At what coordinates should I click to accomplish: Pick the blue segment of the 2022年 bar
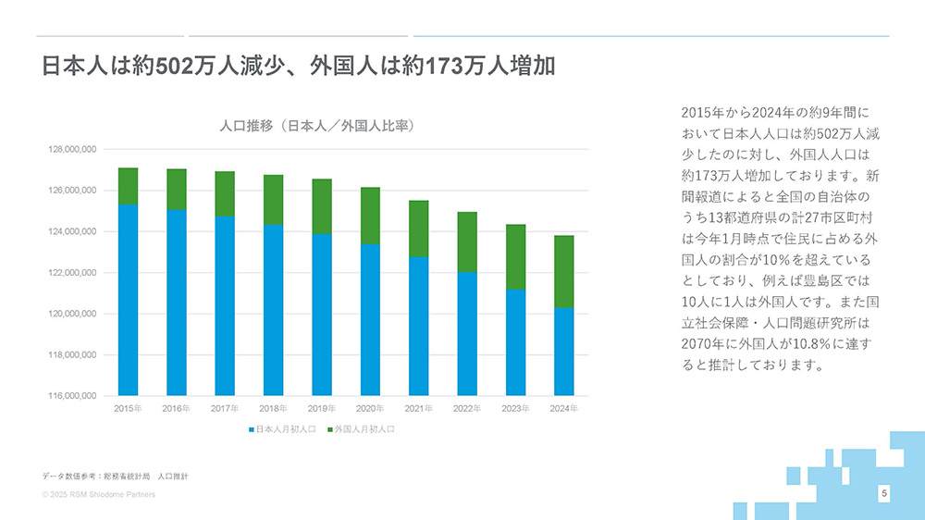467,333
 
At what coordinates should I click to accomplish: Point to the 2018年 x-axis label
273,408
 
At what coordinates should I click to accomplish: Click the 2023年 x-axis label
515,408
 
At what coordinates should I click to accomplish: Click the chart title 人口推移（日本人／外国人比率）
316,125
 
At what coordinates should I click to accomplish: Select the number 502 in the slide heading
172,68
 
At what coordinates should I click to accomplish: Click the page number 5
884,494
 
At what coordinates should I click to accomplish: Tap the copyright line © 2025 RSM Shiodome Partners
99,495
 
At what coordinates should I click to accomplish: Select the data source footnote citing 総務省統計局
116,476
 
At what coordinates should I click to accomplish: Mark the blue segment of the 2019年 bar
321,315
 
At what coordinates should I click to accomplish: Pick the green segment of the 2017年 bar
225,193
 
